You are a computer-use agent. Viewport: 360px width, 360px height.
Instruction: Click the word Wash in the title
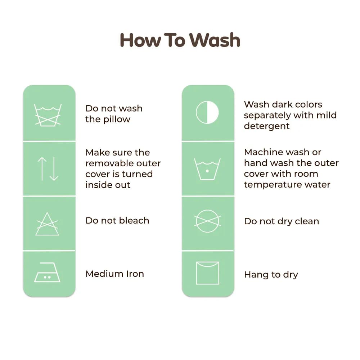(215, 40)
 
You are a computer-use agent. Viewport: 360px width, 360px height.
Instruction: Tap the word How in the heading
(140, 40)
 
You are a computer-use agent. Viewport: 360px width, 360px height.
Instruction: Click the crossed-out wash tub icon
(48, 115)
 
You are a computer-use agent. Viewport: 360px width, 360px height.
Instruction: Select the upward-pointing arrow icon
(42, 169)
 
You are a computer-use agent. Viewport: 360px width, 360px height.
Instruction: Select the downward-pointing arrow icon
(54, 169)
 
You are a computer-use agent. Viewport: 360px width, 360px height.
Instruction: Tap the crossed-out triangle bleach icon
(47, 224)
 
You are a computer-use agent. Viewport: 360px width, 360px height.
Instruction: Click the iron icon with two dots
(47, 272)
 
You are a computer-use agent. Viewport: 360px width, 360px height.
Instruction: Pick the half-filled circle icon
(207, 112)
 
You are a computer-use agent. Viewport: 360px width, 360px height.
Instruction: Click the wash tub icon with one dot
(207, 169)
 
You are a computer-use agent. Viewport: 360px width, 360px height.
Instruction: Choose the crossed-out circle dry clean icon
(207, 221)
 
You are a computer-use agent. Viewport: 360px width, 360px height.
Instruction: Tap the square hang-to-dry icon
(208, 273)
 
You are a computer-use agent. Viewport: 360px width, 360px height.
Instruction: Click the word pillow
(117, 120)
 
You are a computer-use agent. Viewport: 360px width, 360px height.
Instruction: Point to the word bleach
(134, 220)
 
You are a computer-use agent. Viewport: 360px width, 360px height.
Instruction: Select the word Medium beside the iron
(104, 274)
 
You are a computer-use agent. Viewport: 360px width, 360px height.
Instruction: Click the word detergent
(267, 126)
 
